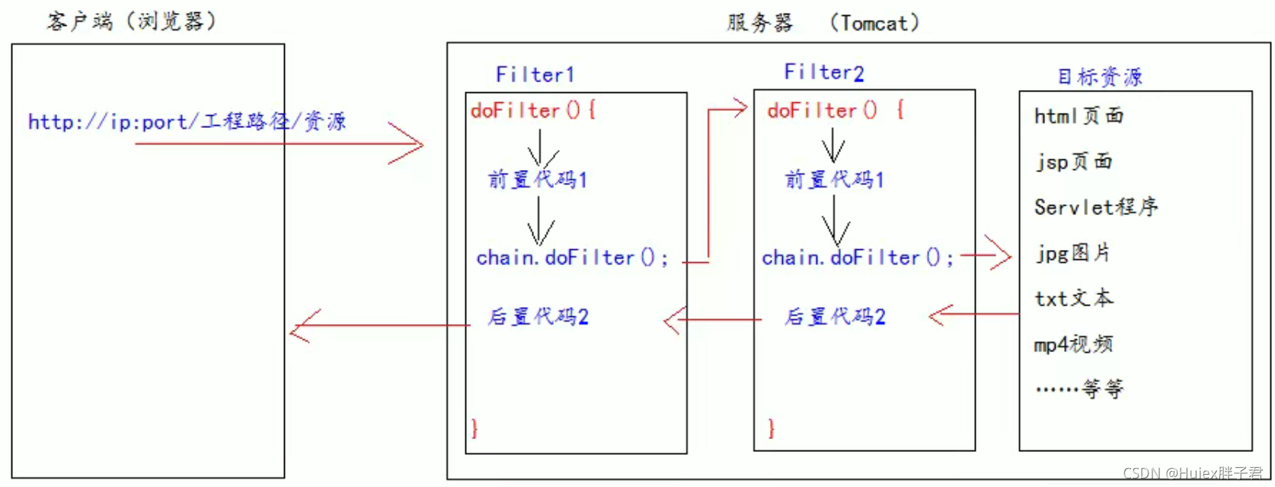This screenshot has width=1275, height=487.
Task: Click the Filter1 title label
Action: tap(534, 75)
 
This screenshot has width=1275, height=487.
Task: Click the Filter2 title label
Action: tap(823, 72)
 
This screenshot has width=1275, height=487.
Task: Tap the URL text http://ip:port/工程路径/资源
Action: tap(187, 122)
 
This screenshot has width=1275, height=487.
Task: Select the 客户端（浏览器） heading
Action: tap(131, 21)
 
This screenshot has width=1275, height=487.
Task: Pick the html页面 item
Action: tap(1078, 116)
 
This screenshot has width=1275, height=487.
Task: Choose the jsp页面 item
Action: tap(1073, 162)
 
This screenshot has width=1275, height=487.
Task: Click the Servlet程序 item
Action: tap(1095, 207)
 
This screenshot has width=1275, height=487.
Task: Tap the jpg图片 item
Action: tap(1072, 253)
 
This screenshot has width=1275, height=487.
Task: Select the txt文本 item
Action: tap(1073, 298)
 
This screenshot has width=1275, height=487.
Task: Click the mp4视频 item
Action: tap(1072, 344)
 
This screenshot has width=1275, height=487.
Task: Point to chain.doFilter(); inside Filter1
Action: tap(571, 258)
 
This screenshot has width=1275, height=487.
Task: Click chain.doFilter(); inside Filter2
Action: tap(857, 258)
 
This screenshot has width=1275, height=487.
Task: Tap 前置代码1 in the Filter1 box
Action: tap(537, 180)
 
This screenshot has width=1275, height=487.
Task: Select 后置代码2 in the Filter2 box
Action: tap(835, 317)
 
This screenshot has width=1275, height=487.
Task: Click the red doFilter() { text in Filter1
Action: tap(532, 111)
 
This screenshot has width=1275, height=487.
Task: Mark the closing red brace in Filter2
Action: tap(771, 428)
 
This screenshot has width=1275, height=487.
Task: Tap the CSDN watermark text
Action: tap(1192, 473)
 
